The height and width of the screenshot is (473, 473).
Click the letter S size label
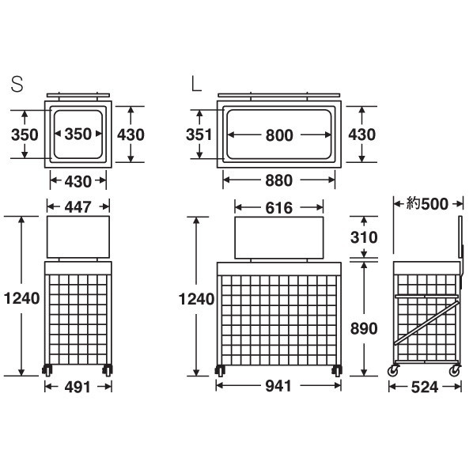click(17, 84)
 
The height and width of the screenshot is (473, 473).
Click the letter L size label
click(196, 84)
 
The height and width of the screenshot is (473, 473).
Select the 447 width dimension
click(78, 207)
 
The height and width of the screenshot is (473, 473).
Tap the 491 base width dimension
click(78, 387)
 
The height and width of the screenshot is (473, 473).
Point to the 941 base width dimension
click(278, 386)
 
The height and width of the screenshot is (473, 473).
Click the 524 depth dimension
click(425, 388)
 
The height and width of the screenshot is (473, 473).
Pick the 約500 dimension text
click(427, 204)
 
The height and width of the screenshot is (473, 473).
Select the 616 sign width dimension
click(279, 208)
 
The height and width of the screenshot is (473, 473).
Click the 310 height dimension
click(364, 237)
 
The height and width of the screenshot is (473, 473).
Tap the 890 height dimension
click(364, 328)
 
